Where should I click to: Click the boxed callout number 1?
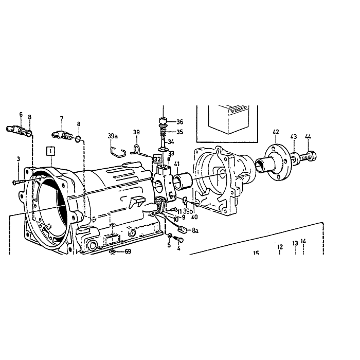click(x=50, y=151)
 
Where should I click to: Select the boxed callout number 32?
click(x=157, y=159)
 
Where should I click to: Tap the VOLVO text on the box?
click(x=239, y=110)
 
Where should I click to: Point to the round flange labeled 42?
click(x=277, y=162)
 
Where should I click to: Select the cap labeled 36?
click(x=163, y=120)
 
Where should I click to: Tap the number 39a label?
click(x=113, y=136)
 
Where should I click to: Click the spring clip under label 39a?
click(x=118, y=152)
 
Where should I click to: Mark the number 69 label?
click(x=128, y=251)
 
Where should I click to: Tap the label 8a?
click(x=195, y=230)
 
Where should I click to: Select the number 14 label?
click(x=303, y=241)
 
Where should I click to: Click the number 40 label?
click(x=194, y=217)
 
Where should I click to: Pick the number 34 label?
click(x=171, y=141)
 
